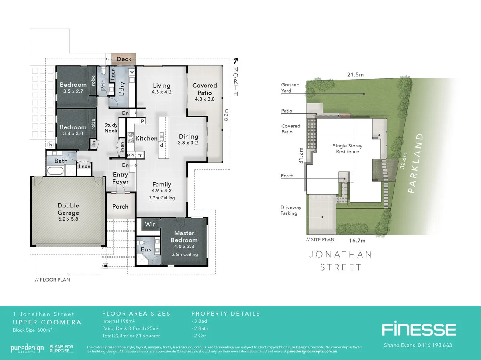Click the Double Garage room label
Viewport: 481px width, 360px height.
point(68,209)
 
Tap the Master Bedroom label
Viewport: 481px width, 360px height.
point(184,236)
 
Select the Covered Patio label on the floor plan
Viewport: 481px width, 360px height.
point(204,89)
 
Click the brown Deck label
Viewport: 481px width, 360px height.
point(124,59)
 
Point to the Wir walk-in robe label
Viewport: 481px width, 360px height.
point(150,224)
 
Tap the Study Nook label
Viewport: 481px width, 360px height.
point(111,128)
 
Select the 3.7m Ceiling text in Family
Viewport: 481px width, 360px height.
point(162,198)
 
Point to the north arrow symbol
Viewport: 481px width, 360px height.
point(236,61)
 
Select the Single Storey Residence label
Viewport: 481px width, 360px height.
point(348,149)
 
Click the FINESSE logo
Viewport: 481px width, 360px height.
point(418,330)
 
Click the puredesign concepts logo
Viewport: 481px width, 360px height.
point(27,348)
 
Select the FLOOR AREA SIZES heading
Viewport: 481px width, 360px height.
point(136,314)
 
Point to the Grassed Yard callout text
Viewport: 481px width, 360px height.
point(290,88)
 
